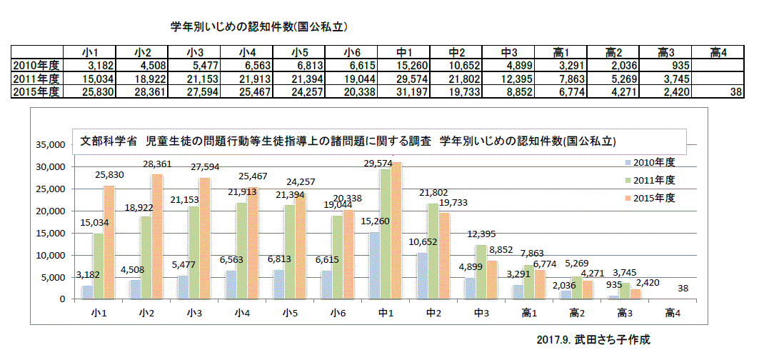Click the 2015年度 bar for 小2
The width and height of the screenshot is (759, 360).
coord(157,236)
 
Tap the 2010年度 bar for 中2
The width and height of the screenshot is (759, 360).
coord(422,276)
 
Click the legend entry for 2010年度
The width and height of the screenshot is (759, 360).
coord(640,162)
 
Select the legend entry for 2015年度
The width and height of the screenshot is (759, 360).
coord(640,197)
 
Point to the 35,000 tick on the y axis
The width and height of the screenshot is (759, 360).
coord(51,145)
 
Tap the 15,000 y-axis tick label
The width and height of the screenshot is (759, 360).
coord(51,234)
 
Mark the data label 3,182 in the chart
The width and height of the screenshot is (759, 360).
coord(86,274)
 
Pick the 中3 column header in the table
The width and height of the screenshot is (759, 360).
coord(509,53)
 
